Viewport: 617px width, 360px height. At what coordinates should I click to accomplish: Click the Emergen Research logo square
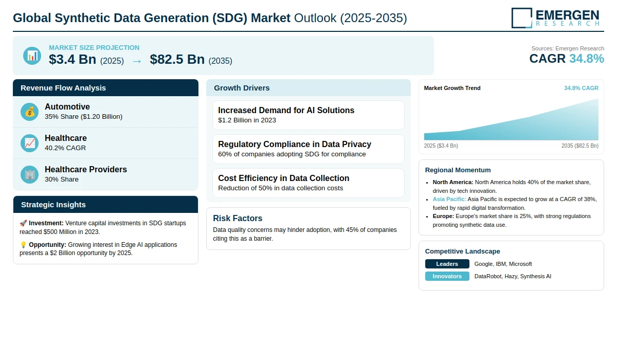tap(522, 18)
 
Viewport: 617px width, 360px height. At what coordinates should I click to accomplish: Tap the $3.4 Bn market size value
tap(72, 59)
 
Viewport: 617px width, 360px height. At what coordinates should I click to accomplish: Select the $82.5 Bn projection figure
tap(177, 59)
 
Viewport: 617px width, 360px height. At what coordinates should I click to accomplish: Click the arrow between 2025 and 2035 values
tap(137, 61)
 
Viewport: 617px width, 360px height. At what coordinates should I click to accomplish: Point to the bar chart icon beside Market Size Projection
tap(32, 56)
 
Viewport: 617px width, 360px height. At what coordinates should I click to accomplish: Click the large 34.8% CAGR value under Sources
tap(587, 59)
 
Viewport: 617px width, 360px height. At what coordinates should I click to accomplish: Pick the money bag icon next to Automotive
tap(29, 112)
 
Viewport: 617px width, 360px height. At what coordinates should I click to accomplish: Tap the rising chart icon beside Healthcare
tap(29, 143)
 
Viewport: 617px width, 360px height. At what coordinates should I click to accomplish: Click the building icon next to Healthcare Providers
tap(29, 175)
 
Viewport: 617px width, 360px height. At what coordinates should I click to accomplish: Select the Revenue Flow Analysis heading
tap(63, 88)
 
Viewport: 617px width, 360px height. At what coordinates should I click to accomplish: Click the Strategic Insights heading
tap(53, 205)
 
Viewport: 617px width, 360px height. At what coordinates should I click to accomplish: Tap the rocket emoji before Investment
tap(23, 223)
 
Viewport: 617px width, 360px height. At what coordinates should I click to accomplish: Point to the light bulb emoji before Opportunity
tap(23, 245)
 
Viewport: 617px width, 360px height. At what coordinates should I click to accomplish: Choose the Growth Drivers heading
tap(242, 88)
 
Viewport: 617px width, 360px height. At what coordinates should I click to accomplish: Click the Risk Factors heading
tap(238, 218)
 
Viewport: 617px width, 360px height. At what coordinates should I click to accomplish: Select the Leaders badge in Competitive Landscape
tap(447, 264)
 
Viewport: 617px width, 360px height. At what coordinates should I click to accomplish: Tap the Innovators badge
tap(447, 276)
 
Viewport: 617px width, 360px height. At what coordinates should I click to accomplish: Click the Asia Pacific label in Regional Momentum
tap(449, 199)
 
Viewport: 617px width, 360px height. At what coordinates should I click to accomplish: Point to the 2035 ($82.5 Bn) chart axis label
tap(580, 146)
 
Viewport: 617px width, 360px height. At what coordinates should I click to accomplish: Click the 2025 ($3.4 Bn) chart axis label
tap(441, 146)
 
